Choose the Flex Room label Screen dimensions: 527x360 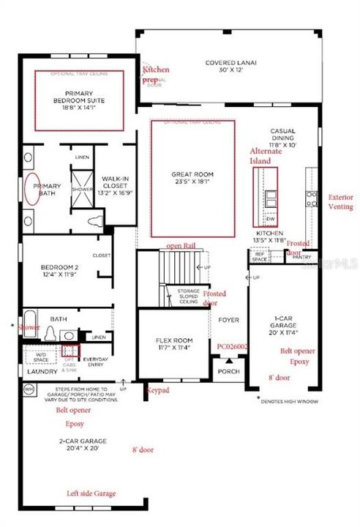[173, 345]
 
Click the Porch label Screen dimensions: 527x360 [230, 371]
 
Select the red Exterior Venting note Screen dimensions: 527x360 [340, 202]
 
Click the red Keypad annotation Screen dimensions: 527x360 [157, 391]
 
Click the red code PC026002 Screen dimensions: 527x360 [233, 347]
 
